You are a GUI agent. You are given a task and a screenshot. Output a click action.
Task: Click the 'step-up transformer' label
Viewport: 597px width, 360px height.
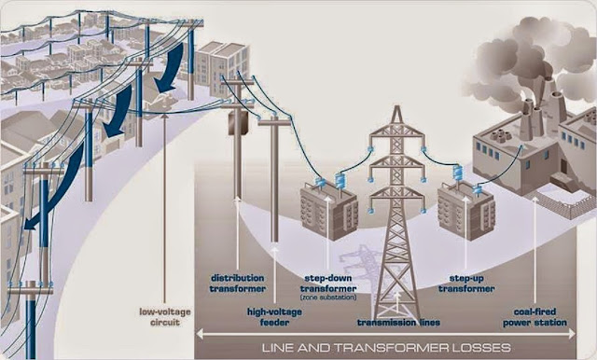tap(470, 283)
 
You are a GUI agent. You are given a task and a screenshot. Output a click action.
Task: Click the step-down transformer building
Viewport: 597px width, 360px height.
tap(327, 211)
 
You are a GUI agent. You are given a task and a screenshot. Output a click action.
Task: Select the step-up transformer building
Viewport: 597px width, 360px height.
tap(465, 208)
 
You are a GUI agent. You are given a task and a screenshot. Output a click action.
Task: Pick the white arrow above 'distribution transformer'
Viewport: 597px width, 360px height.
tap(238, 233)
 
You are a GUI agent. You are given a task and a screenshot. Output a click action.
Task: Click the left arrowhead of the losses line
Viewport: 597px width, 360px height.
tap(200, 335)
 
